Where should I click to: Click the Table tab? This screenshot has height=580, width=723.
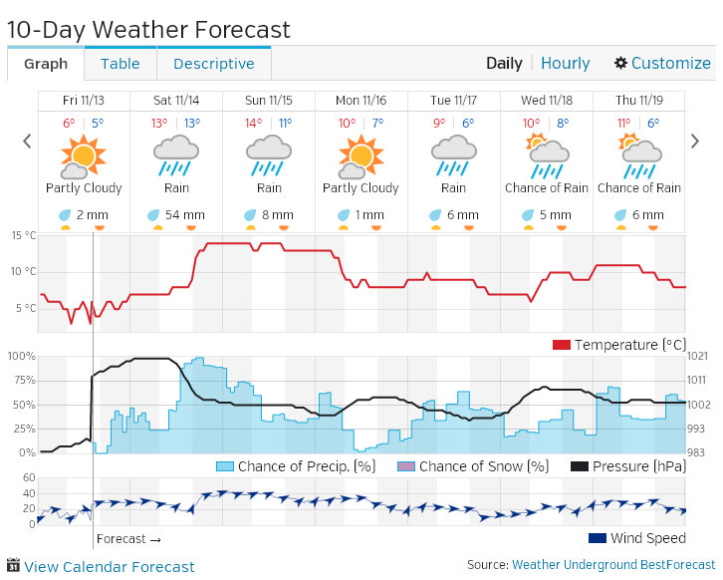point(120,64)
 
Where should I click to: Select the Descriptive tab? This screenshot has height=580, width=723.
point(213,64)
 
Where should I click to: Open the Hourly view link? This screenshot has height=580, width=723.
point(565,63)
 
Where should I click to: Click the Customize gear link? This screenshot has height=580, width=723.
point(662,63)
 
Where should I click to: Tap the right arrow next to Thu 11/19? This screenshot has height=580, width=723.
point(695,142)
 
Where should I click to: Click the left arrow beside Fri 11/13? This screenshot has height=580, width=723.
point(28,142)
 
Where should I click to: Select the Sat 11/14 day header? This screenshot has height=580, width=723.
point(175,101)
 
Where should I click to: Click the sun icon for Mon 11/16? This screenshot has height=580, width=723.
point(361,154)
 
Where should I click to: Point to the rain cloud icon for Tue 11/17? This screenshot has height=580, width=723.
point(453,154)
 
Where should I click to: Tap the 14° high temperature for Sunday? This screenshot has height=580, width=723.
point(253,124)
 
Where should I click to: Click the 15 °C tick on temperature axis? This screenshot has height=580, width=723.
point(23,235)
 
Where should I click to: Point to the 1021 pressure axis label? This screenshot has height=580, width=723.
point(697,356)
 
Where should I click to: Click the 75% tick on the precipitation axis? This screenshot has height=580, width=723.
point(21,380)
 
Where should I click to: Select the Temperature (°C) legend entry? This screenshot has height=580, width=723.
point(619,345)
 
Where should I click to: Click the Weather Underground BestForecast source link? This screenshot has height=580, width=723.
point(613,565)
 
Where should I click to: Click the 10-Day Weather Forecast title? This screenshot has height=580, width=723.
point(148,30)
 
